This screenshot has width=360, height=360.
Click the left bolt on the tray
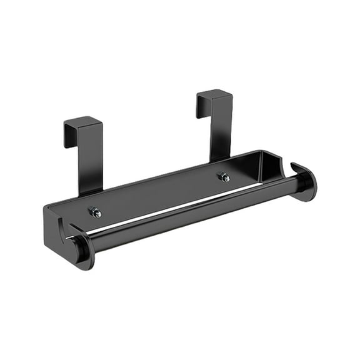[95, 212]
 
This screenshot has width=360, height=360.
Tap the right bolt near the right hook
[223, 177]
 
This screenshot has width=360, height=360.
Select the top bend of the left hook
[83, 121]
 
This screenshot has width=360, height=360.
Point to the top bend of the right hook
[215, 94]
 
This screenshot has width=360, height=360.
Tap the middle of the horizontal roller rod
[194, 213]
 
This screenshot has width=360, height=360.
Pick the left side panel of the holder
[53, 225]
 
